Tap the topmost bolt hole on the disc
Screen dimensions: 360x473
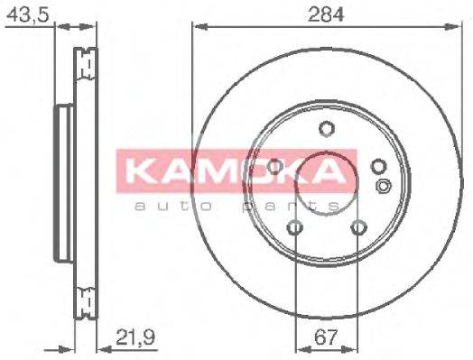[x=327, y=128]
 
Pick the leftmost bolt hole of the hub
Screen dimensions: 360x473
[x=275, y=166]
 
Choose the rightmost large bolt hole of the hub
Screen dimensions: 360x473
[x=378, y=166]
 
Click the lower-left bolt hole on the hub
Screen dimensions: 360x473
[x=295, y=227]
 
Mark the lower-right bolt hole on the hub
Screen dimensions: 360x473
[x=358, y=227]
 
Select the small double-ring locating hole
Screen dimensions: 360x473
[x=384, y=187]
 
